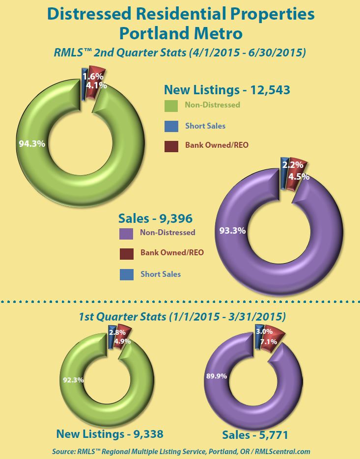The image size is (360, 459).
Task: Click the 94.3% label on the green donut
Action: point(32,144)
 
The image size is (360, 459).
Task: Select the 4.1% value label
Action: point(97,85)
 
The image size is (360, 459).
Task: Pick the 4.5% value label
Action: point(299,177)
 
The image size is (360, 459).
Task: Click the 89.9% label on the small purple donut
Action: point(215,376)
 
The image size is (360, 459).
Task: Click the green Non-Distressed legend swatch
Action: point(171,106)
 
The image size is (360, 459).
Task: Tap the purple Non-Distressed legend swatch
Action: point(126,233)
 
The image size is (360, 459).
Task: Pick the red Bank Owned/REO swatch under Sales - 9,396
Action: point(126,253)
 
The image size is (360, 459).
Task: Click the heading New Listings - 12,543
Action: point(227,90)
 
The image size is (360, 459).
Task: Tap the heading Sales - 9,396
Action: point(155,217)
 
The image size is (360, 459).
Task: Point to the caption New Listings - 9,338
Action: point(110,433)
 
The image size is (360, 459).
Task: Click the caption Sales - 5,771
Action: point(255,434)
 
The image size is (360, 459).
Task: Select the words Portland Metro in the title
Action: point(181,34)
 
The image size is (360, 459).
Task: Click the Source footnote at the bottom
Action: point(181,451)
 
